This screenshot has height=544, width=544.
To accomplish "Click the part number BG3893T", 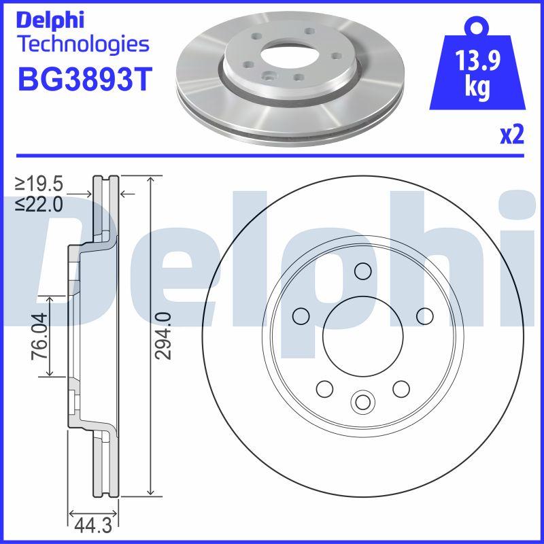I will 82,80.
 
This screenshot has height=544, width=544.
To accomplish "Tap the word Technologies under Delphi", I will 82,45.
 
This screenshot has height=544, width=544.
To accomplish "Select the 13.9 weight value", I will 479,63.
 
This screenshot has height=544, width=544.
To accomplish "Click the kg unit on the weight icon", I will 478,90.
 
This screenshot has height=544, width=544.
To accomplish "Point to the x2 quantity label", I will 512,136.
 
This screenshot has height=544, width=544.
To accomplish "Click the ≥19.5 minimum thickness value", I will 41,184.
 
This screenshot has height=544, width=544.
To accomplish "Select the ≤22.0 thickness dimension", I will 41,203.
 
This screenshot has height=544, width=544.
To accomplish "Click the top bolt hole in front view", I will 362,272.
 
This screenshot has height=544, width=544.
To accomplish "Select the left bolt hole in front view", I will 300,316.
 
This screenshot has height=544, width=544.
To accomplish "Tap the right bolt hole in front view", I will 424,316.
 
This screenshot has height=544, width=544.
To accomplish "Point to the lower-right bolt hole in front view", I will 401,388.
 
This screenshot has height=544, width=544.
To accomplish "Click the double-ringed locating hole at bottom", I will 362,402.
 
